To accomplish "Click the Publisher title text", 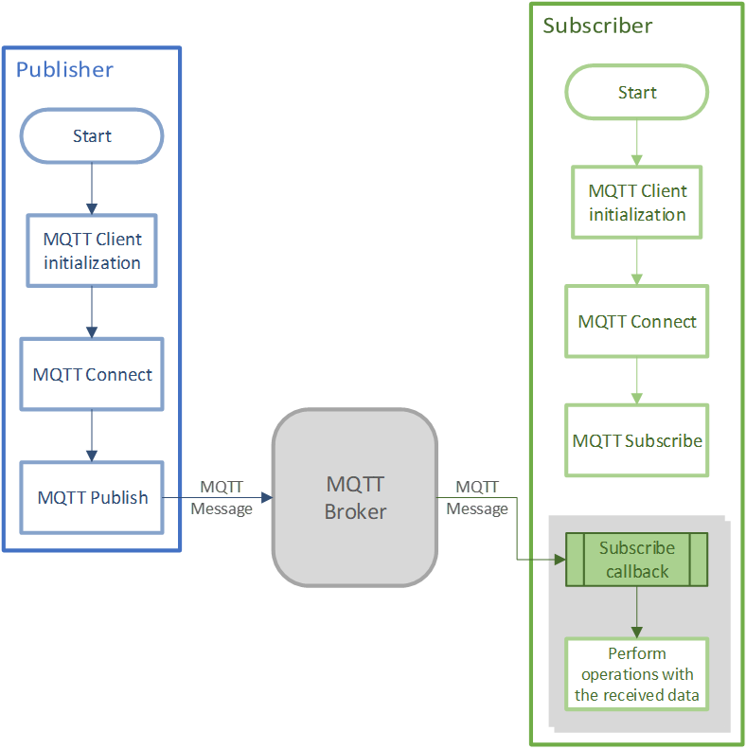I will (64, 69).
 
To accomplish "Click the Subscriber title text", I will (596, 26).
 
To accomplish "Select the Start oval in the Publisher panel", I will (92, 136).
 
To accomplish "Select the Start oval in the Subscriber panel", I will (636, 93).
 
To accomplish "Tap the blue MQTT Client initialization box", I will (92, 251).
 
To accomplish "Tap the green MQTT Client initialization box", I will (637, 203).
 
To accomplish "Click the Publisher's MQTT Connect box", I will (92, 374).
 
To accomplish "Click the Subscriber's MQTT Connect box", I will (636, 322).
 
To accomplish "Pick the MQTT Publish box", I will (92, 497).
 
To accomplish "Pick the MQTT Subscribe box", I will (636, 440).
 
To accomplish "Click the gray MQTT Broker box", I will (355, 498).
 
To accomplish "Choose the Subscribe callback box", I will (636, 560).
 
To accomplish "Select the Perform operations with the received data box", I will (636, 674).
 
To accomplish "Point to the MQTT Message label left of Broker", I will (222, 498).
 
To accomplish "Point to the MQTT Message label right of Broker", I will (477, 498).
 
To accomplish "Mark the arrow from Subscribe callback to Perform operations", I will (636, 612).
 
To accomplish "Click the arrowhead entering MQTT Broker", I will (267, 497).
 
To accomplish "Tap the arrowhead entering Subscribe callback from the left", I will (559, 560).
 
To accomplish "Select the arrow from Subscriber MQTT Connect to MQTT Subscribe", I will (636, 381).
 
